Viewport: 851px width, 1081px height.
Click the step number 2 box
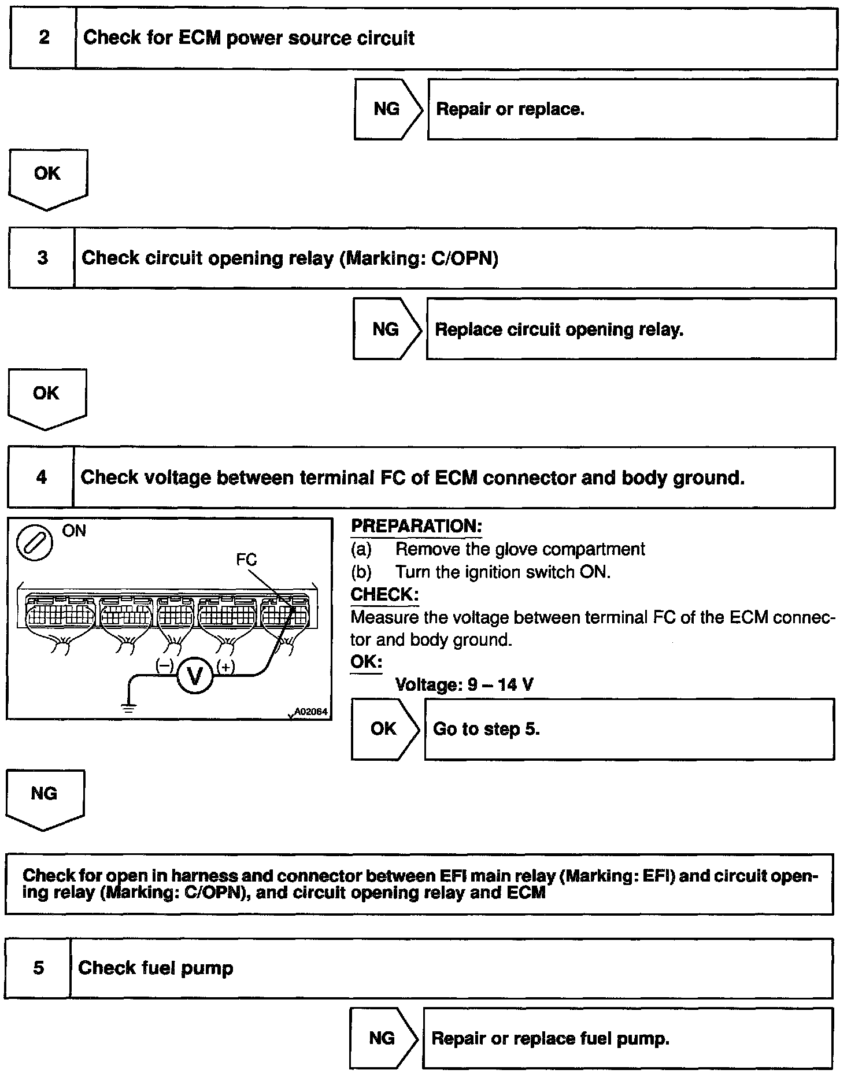pos(43,38)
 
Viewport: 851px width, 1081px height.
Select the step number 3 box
pos(42,258)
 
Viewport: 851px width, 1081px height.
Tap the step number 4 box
pos(41,477)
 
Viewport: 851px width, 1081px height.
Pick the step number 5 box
pos(38,968)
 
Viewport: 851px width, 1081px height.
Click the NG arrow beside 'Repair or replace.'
pos(387,109)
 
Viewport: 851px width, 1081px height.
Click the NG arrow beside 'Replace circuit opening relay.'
pos(386,330)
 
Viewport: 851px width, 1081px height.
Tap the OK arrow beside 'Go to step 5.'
pos(384,729)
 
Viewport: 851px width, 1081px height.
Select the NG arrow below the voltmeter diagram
pos(45,798)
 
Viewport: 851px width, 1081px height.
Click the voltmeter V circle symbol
pos(195,675)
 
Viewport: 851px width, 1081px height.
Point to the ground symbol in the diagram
pos(128,708)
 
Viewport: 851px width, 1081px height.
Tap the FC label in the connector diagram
pos(246,560)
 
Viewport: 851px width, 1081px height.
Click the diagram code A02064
pos(311,712)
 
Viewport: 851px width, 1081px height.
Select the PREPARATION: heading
pos(416,527)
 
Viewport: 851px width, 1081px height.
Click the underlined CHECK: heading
pos(384,595)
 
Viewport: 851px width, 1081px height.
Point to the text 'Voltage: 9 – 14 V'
pos(464,685)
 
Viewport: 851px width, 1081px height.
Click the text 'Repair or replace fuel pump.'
pos(550,1039)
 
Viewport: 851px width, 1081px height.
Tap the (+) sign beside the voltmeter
pos(225,667)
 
